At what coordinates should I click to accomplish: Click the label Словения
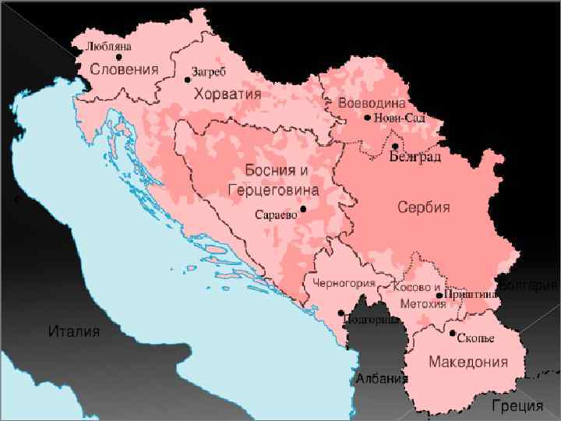(x=124, y=69)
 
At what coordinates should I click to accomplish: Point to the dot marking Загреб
(x=187, y=80)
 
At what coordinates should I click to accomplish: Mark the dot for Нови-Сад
(x=368, y=118)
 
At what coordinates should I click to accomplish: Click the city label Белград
(x=415, y=157)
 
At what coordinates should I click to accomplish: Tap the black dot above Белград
(x=395, y=146)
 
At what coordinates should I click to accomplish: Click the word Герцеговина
(x=273, y=189)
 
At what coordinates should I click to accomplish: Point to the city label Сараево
(x=277, y=214)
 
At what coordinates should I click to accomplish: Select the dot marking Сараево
(x=303, y=209)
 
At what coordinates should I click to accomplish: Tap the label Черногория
(x=344, y=283)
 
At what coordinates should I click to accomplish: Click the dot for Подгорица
(x=340, y=313)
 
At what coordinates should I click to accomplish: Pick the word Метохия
(x=422, y=303)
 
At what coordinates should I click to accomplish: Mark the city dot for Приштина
(x=439, y=295)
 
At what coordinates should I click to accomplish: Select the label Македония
(x=467, y=362)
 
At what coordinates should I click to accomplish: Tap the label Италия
(x=74, y=331)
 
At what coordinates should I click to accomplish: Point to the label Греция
(x=517, y=405)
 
